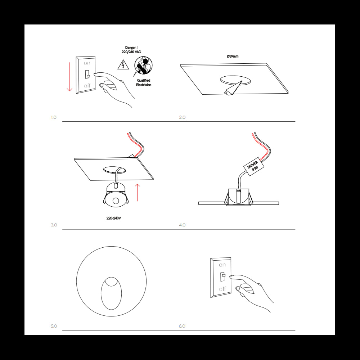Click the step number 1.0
54,117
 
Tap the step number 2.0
182,117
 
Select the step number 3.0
54,225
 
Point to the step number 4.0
182,225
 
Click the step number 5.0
54,326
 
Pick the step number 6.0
182,326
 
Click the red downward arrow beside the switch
69,76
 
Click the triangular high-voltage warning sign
123,65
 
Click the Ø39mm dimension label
233,57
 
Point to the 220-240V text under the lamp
113,218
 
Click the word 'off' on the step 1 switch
87,86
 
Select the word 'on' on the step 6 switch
222,265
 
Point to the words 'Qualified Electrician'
143,82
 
